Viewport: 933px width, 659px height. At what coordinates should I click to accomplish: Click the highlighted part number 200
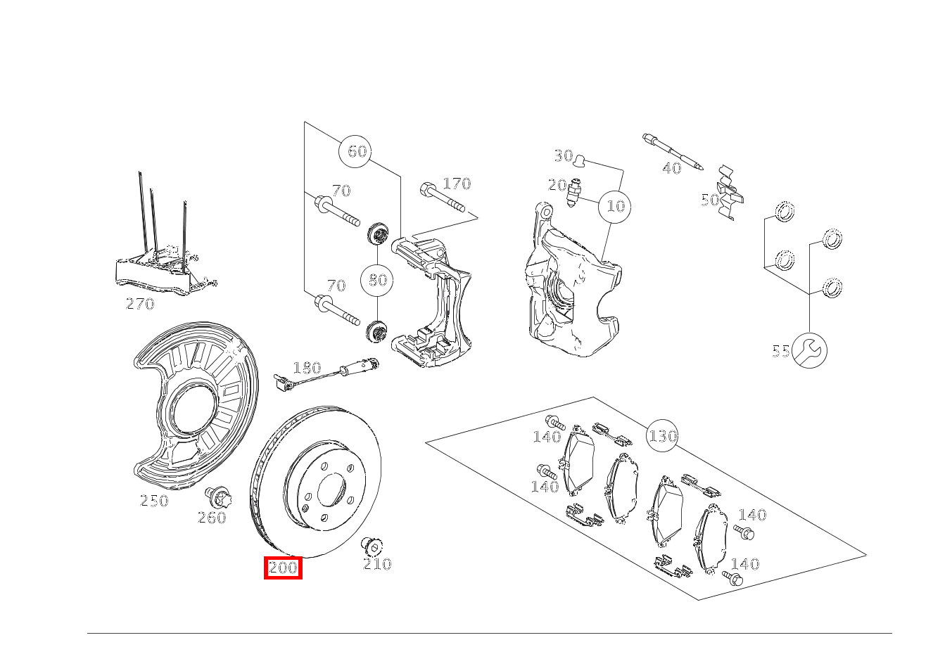[x=283, y=568]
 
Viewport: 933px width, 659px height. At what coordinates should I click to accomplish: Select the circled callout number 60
[x=357, y=151]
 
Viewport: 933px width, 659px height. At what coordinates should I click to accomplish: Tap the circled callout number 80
[x=378, y=280]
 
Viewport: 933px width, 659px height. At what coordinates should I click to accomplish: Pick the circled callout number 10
[x=616, y=206]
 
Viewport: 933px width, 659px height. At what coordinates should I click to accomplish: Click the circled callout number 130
[x=663, y=436]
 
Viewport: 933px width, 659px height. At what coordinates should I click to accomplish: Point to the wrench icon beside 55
[x=810, y=350]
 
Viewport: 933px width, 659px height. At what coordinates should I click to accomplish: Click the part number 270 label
[x=140, y=304]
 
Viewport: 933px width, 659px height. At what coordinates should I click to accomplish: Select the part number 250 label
[x=154, y=501]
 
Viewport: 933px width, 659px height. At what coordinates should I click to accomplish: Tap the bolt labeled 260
[x=216, y=498]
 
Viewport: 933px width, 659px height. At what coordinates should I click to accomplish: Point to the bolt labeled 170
[x=443, y=198]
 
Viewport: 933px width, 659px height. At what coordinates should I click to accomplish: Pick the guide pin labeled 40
[x=673, y=152]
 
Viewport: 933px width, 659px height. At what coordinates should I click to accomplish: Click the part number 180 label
[x=307, y=368]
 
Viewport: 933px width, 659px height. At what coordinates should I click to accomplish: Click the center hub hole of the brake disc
[x=332, y=490]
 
